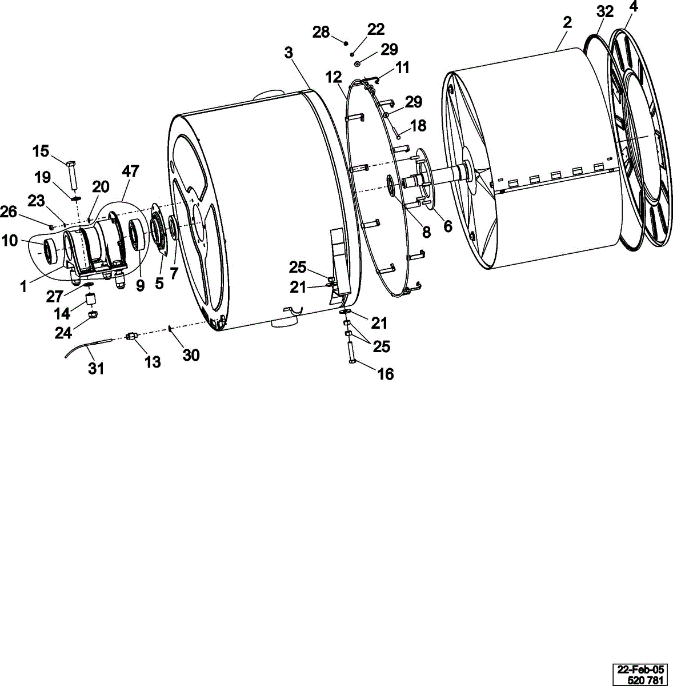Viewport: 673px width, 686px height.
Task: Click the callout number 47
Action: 130,171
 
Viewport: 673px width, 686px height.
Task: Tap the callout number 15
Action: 41,151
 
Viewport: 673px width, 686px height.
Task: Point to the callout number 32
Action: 605,12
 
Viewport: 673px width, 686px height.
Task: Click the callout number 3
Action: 289,53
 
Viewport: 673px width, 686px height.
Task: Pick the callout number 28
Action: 321,33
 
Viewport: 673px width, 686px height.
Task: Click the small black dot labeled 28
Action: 346,43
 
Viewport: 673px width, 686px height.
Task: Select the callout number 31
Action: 96,369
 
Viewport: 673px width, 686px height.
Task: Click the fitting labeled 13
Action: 131,336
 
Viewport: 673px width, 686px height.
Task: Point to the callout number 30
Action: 191,355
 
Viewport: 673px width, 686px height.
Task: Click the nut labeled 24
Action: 93,314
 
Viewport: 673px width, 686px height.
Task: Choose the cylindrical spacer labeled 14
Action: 91,300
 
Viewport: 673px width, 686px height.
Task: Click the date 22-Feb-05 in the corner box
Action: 640,669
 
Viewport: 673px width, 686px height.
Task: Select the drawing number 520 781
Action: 646,680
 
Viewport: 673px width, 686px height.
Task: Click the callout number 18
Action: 418,126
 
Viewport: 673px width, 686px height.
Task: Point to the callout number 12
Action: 334,77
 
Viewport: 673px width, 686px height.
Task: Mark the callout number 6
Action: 448,226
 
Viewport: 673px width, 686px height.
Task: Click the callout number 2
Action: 567,22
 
